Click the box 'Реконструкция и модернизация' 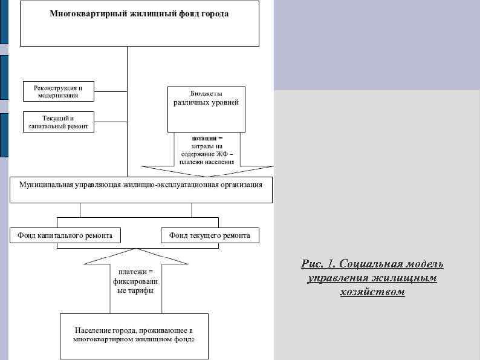(x=59, y=91)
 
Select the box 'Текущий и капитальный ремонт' (x=59, y=122)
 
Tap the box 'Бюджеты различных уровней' (x=206, y=109)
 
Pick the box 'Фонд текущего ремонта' (x=210, y=235)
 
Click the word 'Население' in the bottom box (x=92, y=330)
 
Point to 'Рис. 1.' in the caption (x=317, y=264)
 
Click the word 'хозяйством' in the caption (x=372, y=292)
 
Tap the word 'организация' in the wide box (x=241, y=185)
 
